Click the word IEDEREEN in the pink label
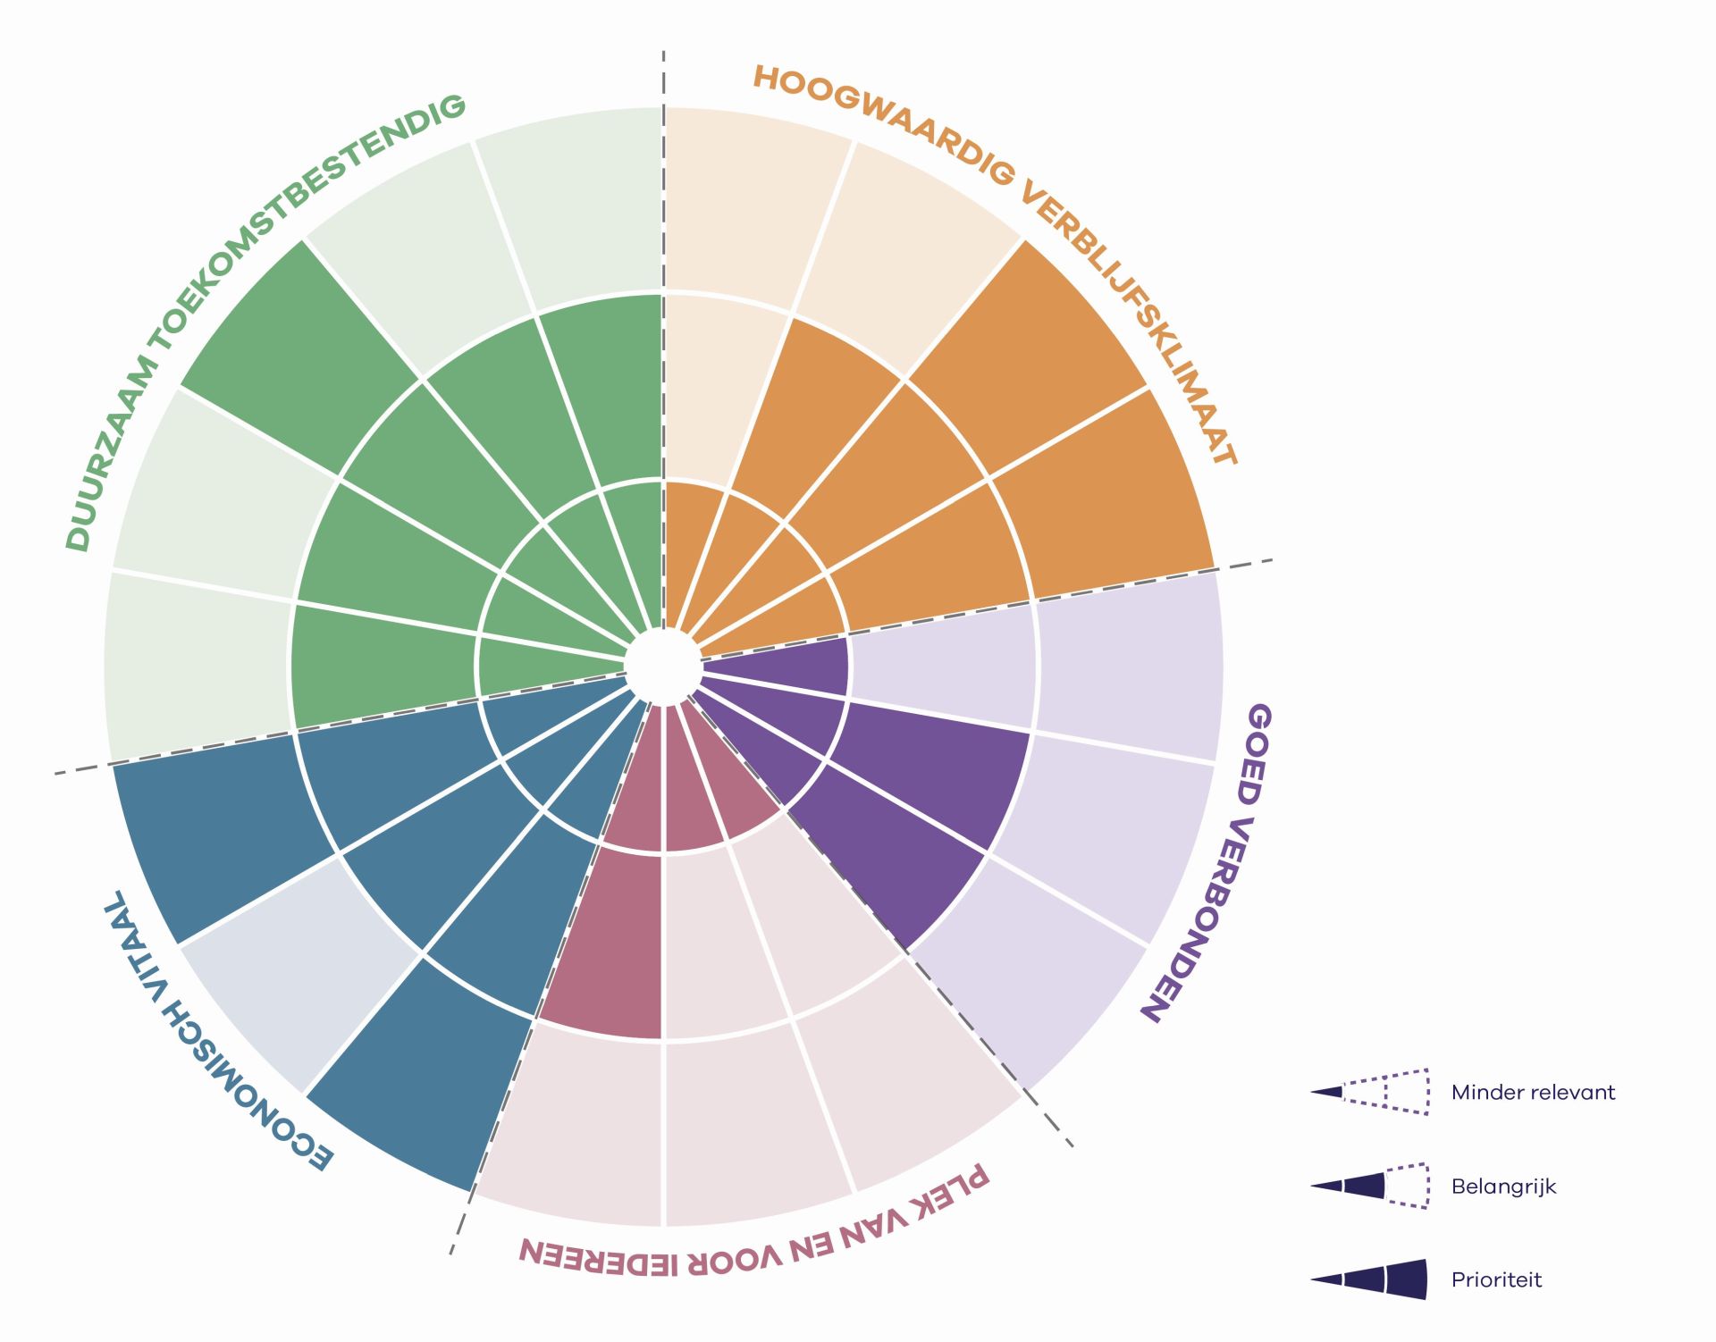(x=598, y=1254)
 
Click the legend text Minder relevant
(x=1533, y=1092)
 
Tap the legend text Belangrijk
(x=1503, y=1187)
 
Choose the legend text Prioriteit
(x=1496, y=1279)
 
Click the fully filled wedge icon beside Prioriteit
(x=1369, y=1279)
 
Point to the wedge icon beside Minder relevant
(x=1369, y=1092)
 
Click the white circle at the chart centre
(x=662, y=667)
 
